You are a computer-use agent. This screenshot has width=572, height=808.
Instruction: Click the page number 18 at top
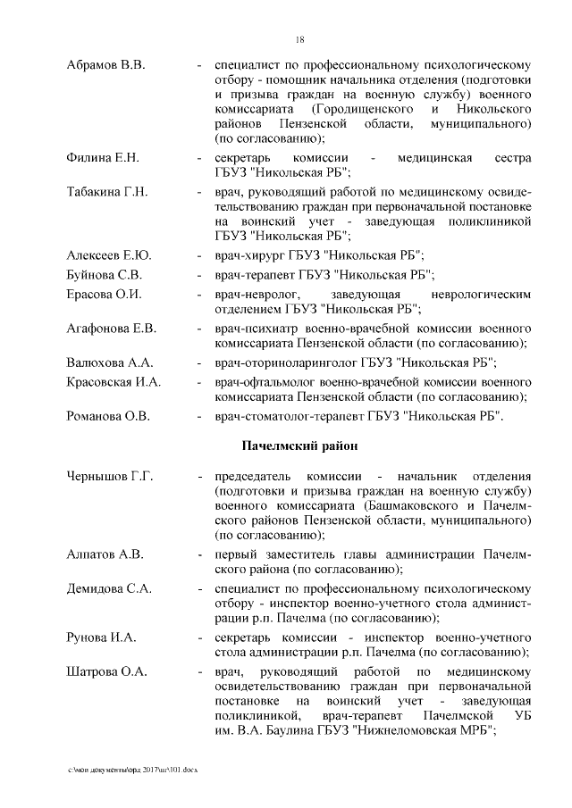[x=300, y=38]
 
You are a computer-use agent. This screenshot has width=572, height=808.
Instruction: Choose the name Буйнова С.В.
[x=105, y=275]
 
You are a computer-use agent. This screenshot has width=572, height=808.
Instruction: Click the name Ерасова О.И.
[x=104, y=295]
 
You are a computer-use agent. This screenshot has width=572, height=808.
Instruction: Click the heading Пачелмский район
[x=299, y=446]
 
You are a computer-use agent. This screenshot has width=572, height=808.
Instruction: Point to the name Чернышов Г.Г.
[x=111, y=477]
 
